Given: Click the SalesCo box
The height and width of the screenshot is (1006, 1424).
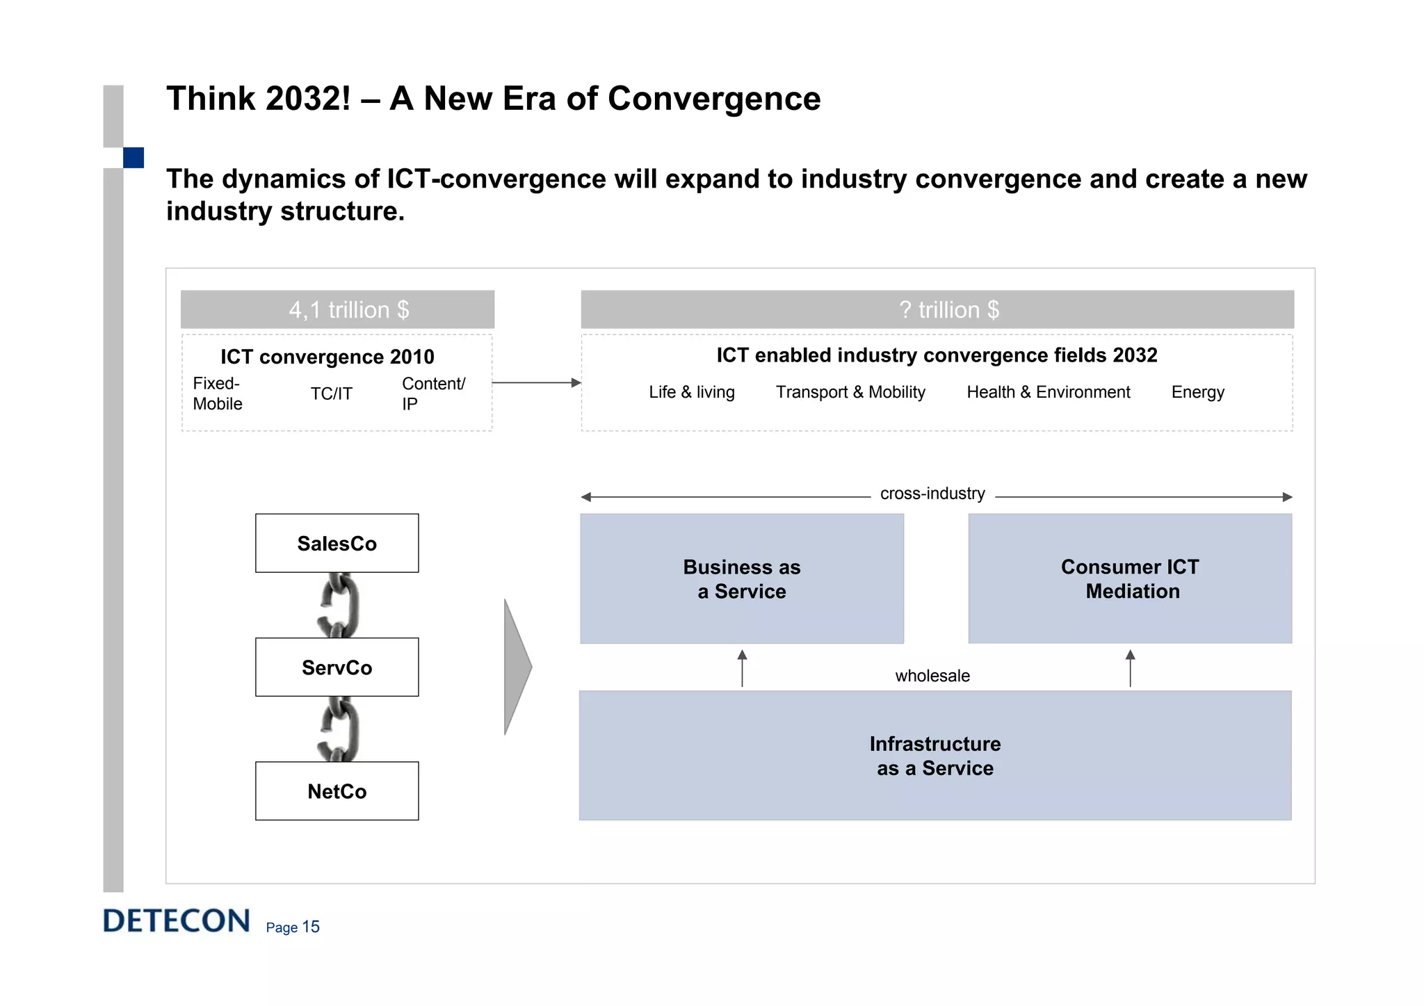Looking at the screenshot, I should tap(337, 543).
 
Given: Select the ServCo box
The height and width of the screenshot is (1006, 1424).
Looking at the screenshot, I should tap(337, 667).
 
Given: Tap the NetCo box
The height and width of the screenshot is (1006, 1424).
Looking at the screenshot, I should tap(337, 790).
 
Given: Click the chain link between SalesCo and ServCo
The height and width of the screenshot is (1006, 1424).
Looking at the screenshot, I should tap(339, 605).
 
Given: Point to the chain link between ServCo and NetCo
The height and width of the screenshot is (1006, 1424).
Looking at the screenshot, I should tap(339, 729).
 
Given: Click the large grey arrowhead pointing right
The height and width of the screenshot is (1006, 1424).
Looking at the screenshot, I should tap(517, 666).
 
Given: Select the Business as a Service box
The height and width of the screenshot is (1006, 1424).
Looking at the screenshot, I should tap(742, 578).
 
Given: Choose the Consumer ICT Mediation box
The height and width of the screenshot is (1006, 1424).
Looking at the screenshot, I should tap(1130, 578).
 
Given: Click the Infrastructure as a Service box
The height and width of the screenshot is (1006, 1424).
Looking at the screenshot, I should tap(935, 755).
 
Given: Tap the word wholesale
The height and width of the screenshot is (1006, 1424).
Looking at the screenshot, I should tap(932, 676).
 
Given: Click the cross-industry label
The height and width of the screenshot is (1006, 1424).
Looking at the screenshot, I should tap(932, 494).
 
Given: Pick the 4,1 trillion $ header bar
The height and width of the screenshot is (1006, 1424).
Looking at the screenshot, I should tap(338, 309).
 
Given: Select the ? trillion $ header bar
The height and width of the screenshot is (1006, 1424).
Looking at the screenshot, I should tap(937, 309).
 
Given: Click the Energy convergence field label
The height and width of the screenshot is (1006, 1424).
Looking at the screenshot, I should tap(1197, 392).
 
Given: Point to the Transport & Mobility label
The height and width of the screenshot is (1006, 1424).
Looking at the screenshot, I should tap(850, 392).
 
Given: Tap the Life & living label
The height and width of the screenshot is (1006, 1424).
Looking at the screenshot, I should tap(691, 392).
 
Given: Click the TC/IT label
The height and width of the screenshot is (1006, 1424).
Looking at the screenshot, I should tap(331, 394).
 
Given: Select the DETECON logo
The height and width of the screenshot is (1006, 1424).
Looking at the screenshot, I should tap(177, 920).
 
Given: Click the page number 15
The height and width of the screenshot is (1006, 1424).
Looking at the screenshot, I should tap(311, 927).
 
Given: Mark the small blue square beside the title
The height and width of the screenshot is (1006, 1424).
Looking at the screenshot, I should tap(133, 158).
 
